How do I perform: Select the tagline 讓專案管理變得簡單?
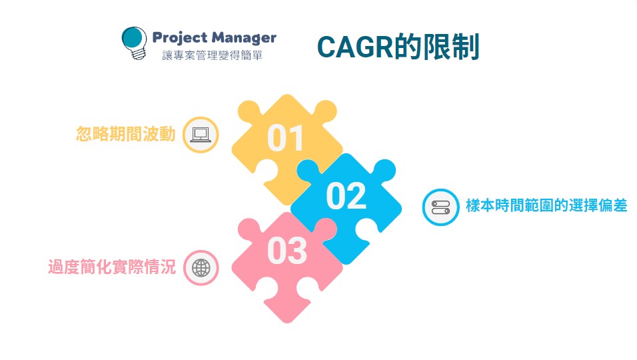coord(213,56)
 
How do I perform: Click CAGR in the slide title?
coord(354,47)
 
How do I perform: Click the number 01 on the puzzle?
coord(286,138)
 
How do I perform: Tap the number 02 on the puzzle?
coord(346,196)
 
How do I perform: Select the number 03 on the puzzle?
coord(287,251)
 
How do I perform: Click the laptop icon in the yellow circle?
coord(201,135)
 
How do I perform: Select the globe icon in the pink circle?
coord(201,267)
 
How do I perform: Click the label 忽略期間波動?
coord(126,135)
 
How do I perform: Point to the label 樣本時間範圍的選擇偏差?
coord(546,206)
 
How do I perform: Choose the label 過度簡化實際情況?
coord(112,267)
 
